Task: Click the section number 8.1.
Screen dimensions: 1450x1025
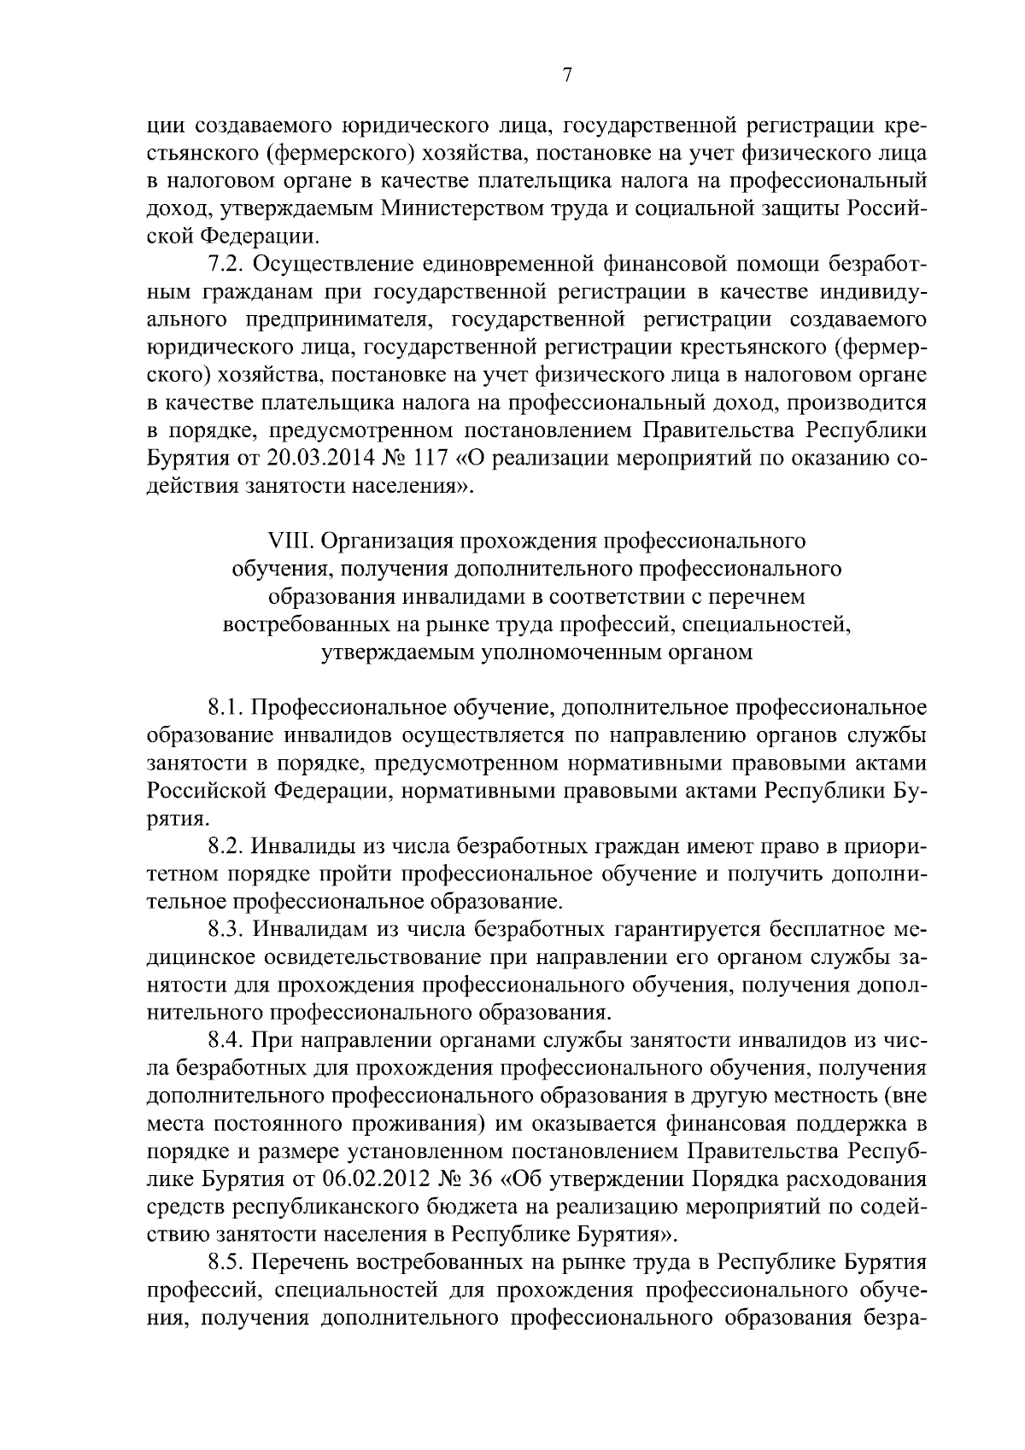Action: point(225,708)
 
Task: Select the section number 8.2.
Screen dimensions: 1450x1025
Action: point(225,847)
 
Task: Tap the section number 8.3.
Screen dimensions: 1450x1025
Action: point(225,930)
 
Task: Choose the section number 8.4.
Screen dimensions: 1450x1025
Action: point(225,1041)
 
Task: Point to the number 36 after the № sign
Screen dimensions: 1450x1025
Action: point(479,1180)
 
